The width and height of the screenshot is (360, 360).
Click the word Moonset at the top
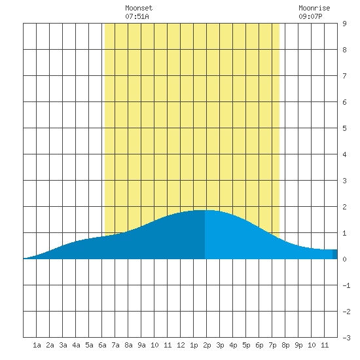coord(139,8)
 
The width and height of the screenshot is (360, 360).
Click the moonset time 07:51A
coord(137,16)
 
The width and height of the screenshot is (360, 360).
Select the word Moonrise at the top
coord(314,8)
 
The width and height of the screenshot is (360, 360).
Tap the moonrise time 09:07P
coord(310,16)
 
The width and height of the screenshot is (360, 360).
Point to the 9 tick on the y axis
coord(344,24)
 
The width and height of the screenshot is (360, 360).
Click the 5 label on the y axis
coord(344,128)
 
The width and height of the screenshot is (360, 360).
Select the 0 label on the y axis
coord(344,259)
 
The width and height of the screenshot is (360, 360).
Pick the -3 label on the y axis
coord(346,338)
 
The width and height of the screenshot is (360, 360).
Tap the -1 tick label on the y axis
coord(346,285)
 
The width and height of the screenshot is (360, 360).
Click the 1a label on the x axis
coord(37,345)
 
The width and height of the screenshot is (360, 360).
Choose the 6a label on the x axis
coord(102,345)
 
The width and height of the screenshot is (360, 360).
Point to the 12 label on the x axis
coord(181,345)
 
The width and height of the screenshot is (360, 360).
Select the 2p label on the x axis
coord(207,345)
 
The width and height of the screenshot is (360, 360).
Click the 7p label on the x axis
coord(272,345)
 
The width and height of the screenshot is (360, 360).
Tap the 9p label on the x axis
coord(298,345)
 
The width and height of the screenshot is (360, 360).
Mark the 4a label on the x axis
coord(76,345)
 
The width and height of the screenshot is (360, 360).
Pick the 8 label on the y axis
coord(344,50)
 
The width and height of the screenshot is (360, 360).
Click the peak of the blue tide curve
coord(204,210)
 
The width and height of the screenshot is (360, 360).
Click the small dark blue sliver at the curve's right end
coord(335,254)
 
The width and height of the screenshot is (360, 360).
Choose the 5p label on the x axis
coord(246,345)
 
